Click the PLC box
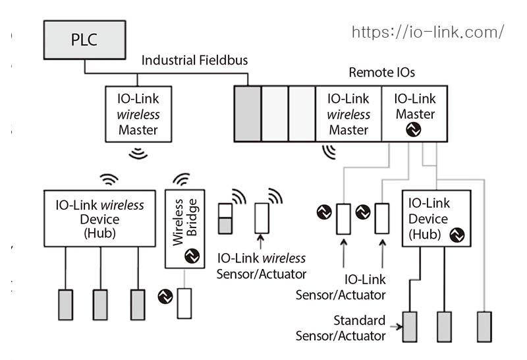[x=84, y=39]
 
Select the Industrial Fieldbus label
[x=195, y=61]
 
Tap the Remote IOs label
[x=381, y=73]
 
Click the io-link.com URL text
[x=428, y=32]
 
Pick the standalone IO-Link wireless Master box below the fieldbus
[x=138, y=113]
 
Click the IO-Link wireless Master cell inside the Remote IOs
[x=348, y=113]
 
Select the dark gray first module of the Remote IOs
[x=248, y=113]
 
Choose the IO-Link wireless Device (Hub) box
[x=99, y=219]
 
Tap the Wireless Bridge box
[x=185, y=228]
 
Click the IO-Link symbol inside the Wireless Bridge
[x=192, y=256]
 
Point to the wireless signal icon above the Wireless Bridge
[x=180, y=179]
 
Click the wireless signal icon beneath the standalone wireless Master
[x=138, y=153]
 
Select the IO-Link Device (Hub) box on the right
[x=436, y=218]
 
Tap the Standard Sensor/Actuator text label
[x=350, y=328]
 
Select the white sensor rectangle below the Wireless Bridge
[x=184, y=304]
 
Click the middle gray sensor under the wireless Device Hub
[x=100, y=305]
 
